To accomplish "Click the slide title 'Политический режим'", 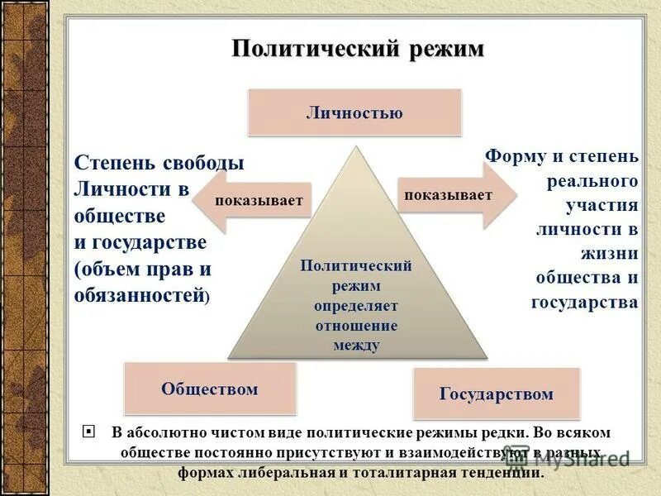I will click(x=357, y=49).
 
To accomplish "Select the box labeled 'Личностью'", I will click(x=354, y=113).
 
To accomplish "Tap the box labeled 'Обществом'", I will click(x=209, y=389).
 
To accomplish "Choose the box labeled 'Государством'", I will click(x=496, y=393).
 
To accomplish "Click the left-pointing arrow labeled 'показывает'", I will click(x=256, y=201).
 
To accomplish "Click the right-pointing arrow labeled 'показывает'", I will click(x=456, y=195).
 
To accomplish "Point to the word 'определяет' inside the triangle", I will click(x=355, y=306).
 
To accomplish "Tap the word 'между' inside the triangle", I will click(x=356, y=346).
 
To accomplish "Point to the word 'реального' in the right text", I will click(x=592, y=180).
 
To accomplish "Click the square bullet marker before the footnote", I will click(x=89, y=432).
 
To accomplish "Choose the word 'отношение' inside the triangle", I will click(x=355, y=326).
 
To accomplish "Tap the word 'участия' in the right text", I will click(x=602, y=204).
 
